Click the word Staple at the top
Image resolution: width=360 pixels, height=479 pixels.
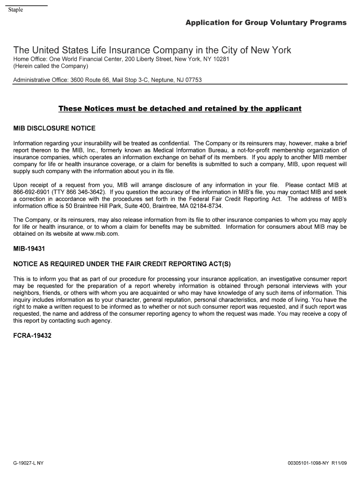tap(15, 10)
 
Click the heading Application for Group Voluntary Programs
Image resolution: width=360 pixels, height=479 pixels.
tap(266, 22)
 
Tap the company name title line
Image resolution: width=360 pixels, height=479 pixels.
tap(152, 50)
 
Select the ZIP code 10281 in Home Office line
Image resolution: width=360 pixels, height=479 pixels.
tap(220, 59)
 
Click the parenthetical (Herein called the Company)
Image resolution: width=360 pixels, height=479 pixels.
tap(50, 66)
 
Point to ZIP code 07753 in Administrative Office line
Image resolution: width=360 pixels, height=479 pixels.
tap(192, 80)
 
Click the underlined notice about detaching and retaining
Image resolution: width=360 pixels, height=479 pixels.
tap(180, 109)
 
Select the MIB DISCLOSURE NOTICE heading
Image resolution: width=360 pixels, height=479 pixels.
tap(54, 128)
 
